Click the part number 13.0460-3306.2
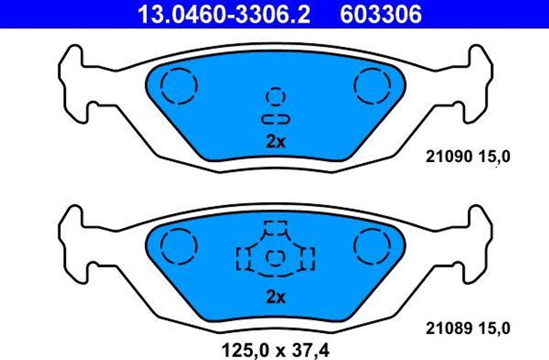tap(225, 14)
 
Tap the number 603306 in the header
tap(381, 14)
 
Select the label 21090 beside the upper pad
tap(448, 157)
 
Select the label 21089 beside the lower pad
tap(448, 327)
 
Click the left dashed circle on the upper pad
tap(180, 85)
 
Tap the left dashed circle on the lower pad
tap(180, 245)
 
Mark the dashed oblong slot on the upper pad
tap(276, 118)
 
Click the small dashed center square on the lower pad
tap(276, 258)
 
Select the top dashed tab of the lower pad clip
tap(276, 227)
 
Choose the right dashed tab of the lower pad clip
tap(307, 258)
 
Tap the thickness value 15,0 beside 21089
tap(493, 327)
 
